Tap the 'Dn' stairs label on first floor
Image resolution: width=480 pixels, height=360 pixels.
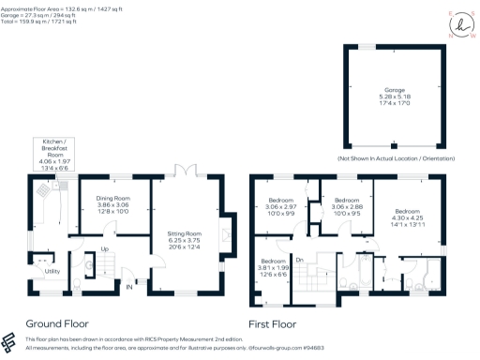(299, 259)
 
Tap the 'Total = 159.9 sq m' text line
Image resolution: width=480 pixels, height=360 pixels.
(35, 23)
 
